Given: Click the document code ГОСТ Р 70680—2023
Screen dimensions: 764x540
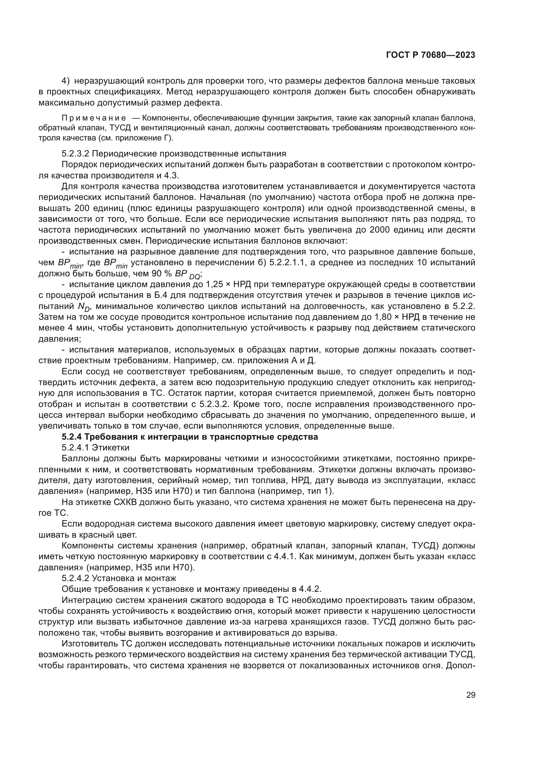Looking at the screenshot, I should pyautogui.click(x=431, y=55).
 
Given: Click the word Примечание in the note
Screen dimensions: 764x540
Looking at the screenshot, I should pyautogui.click(x=94, y=118).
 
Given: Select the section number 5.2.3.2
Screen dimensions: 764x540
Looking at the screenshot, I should pyautogui.click(x=75, y=154).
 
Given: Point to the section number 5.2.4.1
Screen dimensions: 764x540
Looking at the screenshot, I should pyautogui.click(x=75, y=447).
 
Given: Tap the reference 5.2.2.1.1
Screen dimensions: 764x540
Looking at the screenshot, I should pyautogui.click(x=287, y=263).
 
